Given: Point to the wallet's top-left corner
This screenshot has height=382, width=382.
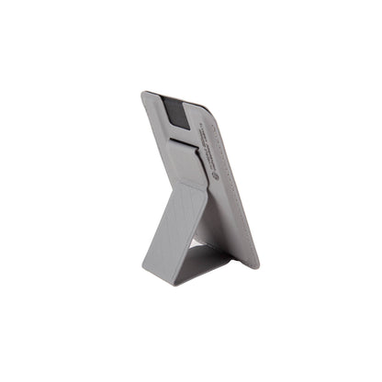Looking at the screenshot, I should coord(145,93).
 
